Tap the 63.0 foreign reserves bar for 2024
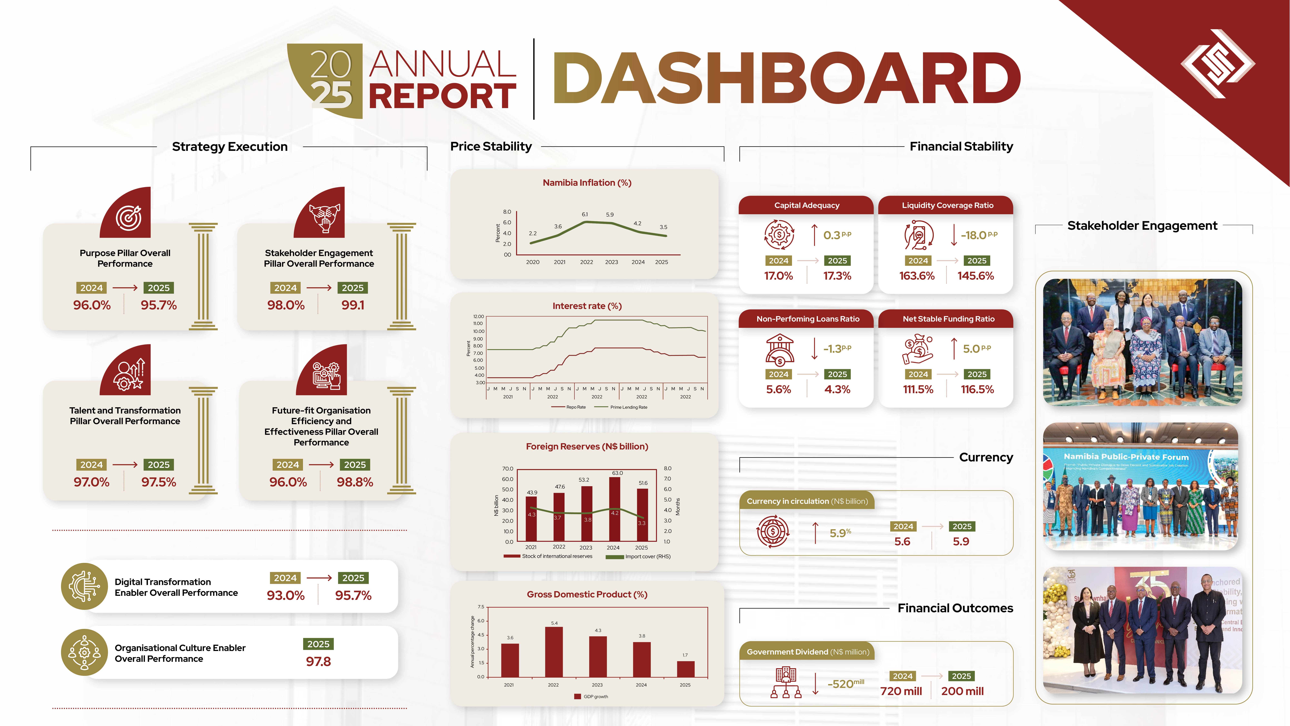[615, 509]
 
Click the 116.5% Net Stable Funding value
[977, 389]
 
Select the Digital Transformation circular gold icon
[84, 586]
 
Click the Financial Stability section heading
[961, 146]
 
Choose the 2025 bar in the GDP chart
[686, 669]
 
